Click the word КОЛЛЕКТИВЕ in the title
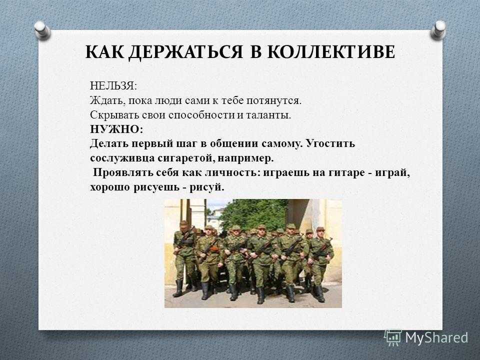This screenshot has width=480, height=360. click(331, 51)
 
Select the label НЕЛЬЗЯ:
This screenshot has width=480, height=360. click(113, 85)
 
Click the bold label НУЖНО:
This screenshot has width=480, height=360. click(116, 129)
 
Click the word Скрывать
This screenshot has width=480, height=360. click(114, 115)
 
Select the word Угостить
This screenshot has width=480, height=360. click(330, 144)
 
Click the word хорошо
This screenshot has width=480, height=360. click(110, 187)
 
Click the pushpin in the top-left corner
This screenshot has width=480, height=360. click(42, 30)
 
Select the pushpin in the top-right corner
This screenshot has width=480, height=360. click(438, 30)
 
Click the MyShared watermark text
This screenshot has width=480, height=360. click(437, 338)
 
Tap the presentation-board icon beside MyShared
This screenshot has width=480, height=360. click(393, 338)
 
